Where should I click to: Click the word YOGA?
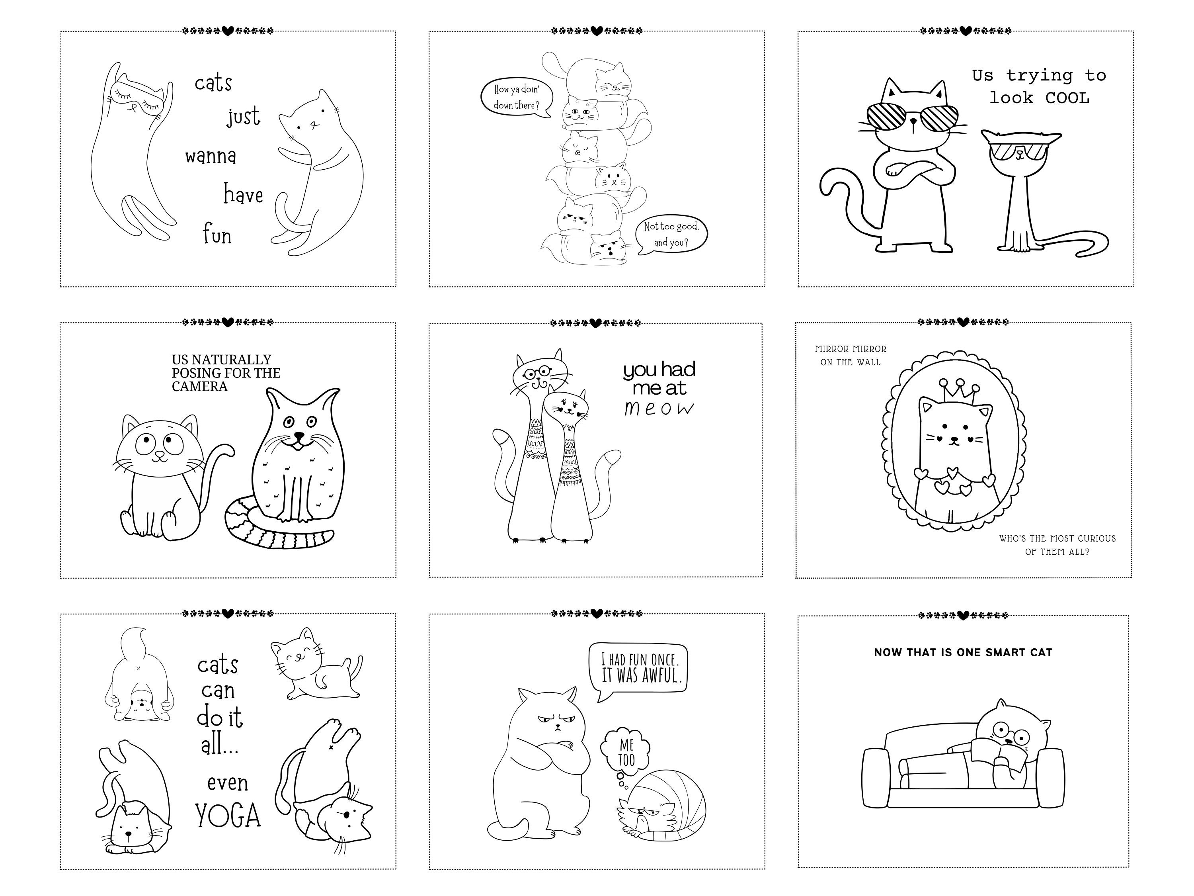(x=228, y=816)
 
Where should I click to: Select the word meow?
(x=659, y=408)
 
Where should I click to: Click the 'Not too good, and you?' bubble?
(x=671, y=235)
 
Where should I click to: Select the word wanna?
(x=211, y=157)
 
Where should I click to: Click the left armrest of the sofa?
(x=874, y=777)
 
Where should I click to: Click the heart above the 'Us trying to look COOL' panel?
(x=965, y=31)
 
